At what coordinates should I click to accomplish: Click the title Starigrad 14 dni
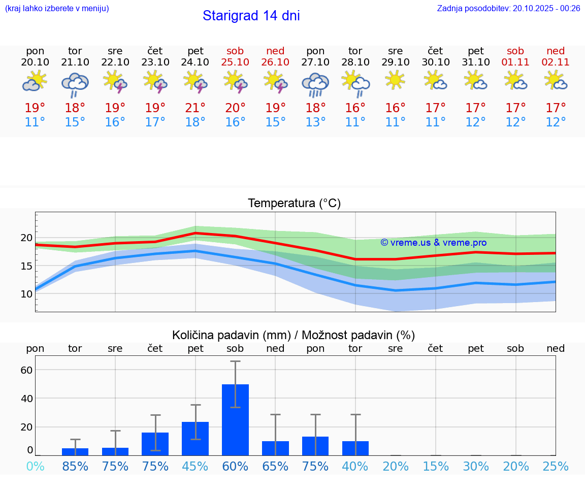(x=251, y=16)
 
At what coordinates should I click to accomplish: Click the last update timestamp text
(x=508, y=8)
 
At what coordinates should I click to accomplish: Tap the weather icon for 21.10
(x=75, y=85)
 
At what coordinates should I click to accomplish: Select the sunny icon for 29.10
(x=395, y=80)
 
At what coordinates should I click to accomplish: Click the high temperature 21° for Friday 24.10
(x=195, y=108)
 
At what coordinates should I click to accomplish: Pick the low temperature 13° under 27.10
(x=315, y=122)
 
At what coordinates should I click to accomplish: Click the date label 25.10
(x=235, y=62)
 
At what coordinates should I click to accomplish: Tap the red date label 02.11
(x=556, y=62)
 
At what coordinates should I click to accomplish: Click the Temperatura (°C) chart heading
(x=294, y=204)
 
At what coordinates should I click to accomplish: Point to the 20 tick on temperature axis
(x=27, y=238)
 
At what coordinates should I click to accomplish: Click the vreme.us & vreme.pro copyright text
(x=433, y=243)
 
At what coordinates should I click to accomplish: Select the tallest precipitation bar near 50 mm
(x=235, y=419)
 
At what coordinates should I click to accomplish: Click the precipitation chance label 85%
(x=75, y=467)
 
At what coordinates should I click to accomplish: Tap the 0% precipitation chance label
(x=35, y=467)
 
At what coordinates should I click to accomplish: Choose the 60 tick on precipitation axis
(x=26, y=370)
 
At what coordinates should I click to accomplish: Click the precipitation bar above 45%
(x=195, y=438)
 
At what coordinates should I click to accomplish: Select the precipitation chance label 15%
(x=435, y=467)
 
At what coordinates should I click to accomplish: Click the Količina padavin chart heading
(x=294, y=335)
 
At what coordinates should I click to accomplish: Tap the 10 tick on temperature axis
(x=27, y=293)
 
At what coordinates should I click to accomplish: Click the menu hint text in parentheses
(x=57, y=8)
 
